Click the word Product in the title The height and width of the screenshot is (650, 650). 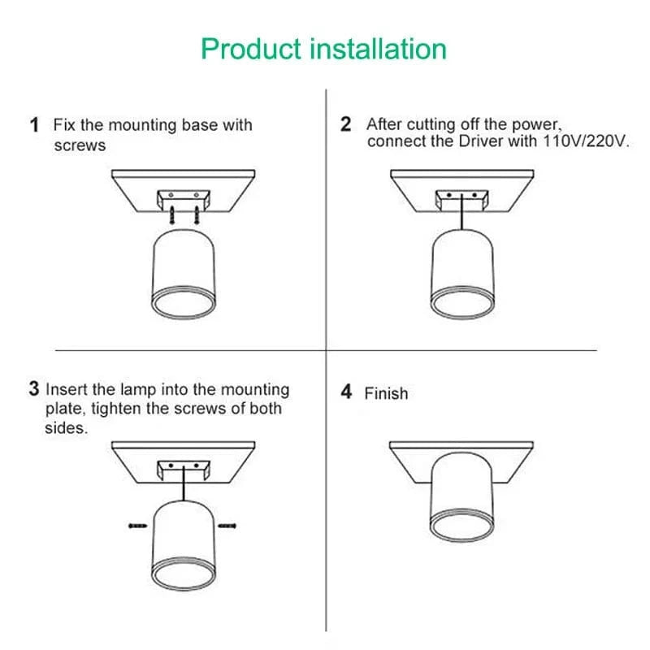tap(252, 49)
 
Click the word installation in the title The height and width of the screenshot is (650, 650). tap(379, 49)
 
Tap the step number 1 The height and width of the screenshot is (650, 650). tap(34, 125)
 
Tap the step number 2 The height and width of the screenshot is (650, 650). tap(346, 125)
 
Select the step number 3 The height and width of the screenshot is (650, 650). tap(34, 389)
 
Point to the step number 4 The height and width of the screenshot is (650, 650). tap(346, 392)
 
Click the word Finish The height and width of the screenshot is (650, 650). tap(386, 393)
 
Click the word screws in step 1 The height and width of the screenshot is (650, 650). tap(80, 146)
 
